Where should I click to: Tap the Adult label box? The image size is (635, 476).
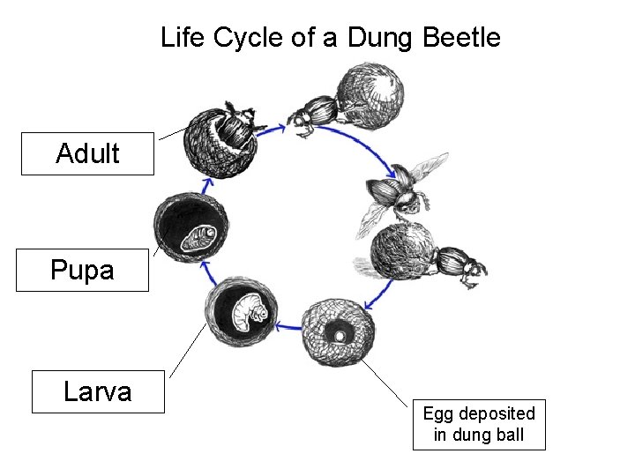(x=87, y=153)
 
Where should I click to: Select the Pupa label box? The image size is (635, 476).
(x=82, y=269)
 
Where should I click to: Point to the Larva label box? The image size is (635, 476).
(x=98, y=391)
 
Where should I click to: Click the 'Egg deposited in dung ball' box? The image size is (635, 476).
(x=479, y=424)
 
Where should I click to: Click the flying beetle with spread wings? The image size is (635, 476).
(x=396, y=195)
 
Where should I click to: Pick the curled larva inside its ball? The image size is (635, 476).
(x=243, y=311)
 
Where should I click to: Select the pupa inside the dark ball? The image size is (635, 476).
(x=193, y=236)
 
